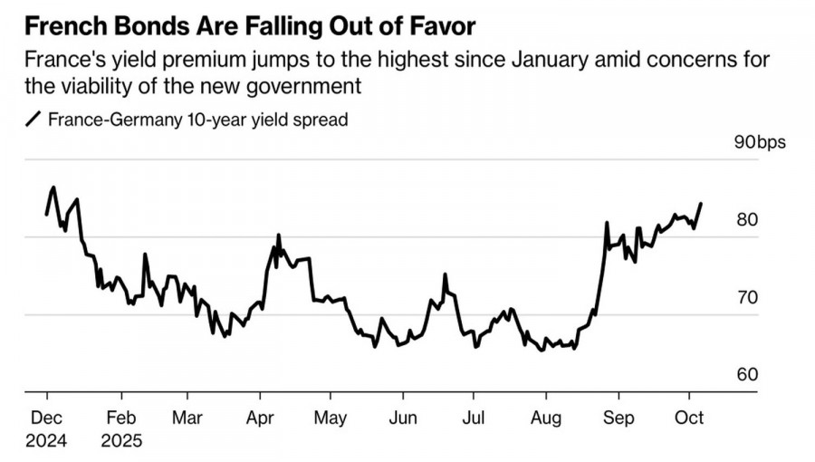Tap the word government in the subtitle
[304, 87]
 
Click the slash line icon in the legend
[34, 120]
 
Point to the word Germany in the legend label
[139, 120]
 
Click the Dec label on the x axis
[47, 419]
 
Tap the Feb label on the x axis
[120, 419]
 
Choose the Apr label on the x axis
[260, 419]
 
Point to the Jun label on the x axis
[402, 419]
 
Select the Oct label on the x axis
[690, 419]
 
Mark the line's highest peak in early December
[53, 188]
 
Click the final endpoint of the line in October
[700, 204]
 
